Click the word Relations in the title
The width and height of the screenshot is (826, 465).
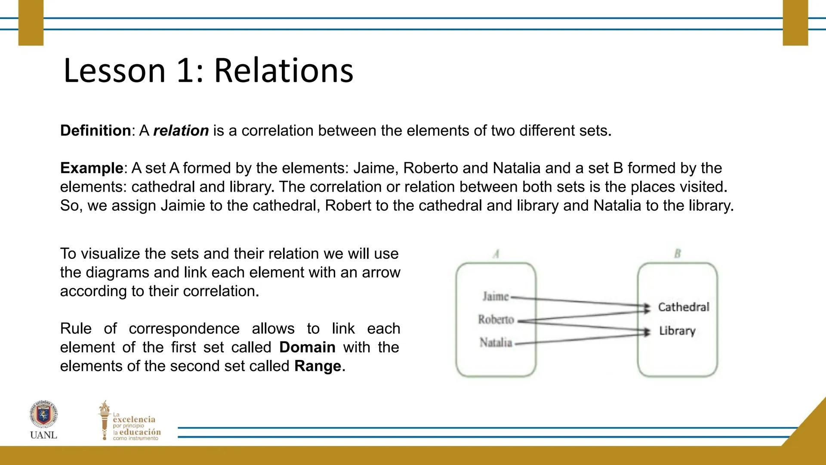pyautogui.click(x=284, y=70)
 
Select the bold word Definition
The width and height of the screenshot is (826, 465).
pyautogui.click(x=96, y=130)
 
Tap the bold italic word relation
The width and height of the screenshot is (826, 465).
pyautogui.click(x=181, y=130)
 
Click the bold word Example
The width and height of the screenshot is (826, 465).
pyautogui.click(x=92, y=168)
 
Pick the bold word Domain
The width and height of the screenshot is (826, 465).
pyautogui.click(x=307, y=347)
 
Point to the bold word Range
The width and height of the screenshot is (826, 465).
pyautogui.click(x=318, y=366)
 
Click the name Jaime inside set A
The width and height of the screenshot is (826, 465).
pyautogui.click(x=496, y=296)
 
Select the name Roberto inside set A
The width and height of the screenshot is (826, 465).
pyautogui.click(x=496, y=319)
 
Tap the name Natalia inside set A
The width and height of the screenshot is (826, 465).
pyautogui.click(x=496, y=343)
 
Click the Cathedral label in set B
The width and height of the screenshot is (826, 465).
pyautogui.click(x=684, y=307)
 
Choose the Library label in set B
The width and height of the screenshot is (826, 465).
pyautogui.click(x=677, y=331)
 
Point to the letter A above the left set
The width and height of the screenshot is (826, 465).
pyautogui.click(x=496, y=254)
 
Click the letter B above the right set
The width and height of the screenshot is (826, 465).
pyautogui.click(x=678, y=254)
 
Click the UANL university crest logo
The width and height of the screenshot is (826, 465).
pyautogui.click(x=43, y=415)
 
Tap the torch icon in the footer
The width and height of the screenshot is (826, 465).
pyautogui.click(x=104, y=420)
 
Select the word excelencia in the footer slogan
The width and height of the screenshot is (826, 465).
pyautogui.click(x=134, y=419)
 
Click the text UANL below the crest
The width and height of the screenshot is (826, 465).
pyautogui.click(x=43, y=435)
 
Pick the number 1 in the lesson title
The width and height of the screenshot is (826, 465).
pyautogui.click(x=185, y=71)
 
